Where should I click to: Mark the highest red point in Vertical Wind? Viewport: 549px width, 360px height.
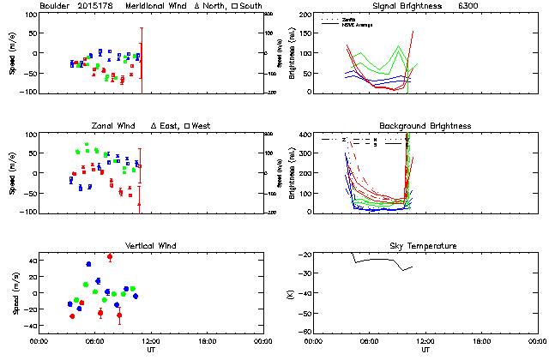coord(110,257)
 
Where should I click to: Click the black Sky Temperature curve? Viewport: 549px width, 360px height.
coord(377,259)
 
